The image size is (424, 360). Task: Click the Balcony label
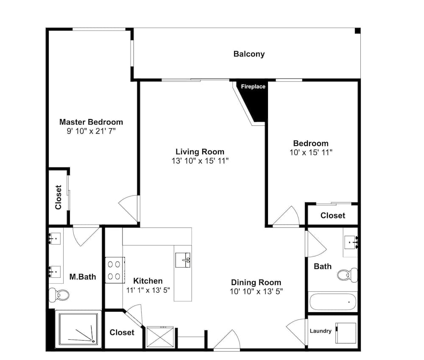(249, 54)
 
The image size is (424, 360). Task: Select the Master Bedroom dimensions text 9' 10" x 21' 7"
(91, 131)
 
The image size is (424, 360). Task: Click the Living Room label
(200, 152)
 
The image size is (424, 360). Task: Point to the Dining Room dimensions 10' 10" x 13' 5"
(257, 292)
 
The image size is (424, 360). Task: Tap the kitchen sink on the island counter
(183, 260)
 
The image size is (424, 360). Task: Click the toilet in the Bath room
(348, 274)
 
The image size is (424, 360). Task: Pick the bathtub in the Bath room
(333, 302)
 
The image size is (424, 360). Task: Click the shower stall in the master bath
(78, 330)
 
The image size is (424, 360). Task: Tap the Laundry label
(321, 331)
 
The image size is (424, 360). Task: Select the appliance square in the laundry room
(346, 333)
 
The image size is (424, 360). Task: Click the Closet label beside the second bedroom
(333, 216)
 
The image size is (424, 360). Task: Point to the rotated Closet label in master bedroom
(59, 197)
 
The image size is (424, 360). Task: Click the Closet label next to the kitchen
(122, 332)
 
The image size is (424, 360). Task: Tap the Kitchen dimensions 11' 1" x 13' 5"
(148, 290)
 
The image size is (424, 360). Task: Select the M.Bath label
(83, 277)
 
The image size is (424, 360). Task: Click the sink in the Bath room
(351, 242)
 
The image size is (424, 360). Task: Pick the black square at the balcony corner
(357, 31)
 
